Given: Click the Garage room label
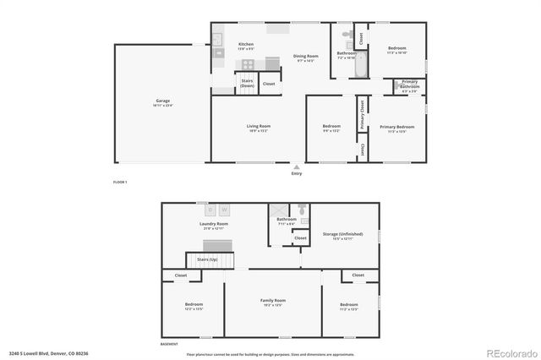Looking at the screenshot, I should tap(161, 101).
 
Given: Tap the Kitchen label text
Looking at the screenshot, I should tap(246, 44).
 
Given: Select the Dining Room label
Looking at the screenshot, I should tap(306, 57).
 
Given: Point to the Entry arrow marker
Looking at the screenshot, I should tap(296, 167).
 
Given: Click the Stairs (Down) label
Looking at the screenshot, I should tap(247, 83).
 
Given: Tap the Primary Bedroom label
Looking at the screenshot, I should tap(396, 127).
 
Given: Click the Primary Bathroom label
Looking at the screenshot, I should tap(410, 84).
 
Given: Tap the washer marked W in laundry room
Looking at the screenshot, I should tap(226, 210).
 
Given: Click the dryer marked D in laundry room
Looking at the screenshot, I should tap(210, 210).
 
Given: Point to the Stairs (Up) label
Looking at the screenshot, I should tap(208, 259).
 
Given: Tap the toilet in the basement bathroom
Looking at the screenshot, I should tap(301, 208).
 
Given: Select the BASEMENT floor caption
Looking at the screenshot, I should tap(169, 345).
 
